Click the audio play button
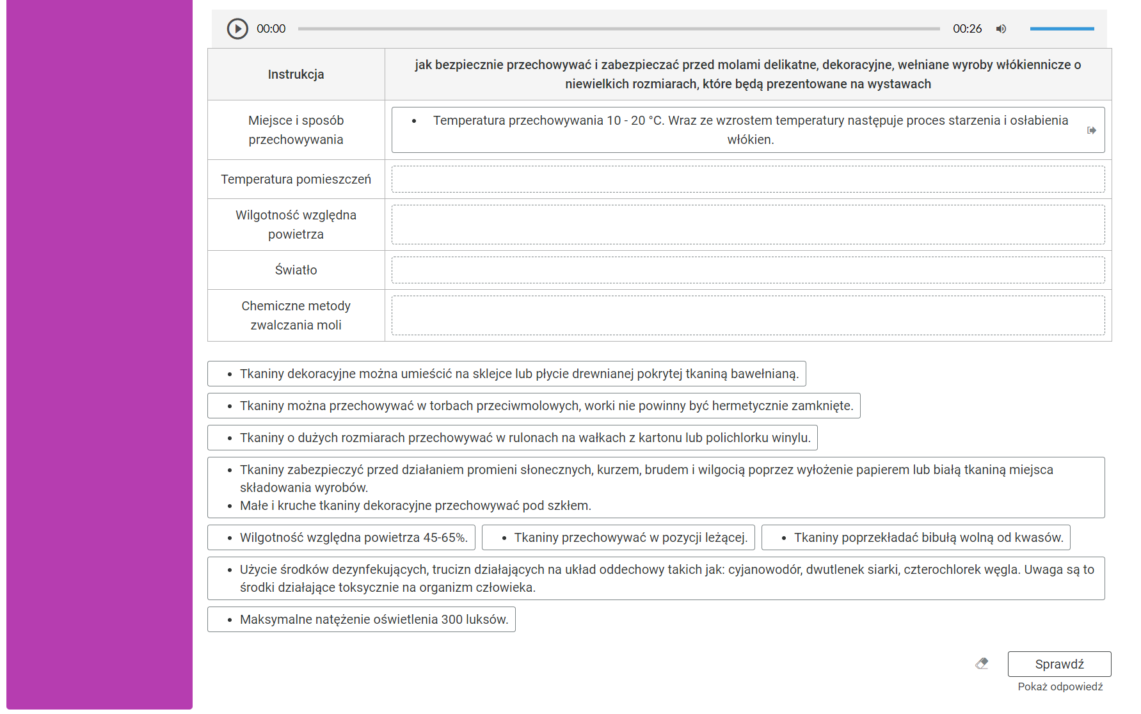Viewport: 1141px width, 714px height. click(237, 29)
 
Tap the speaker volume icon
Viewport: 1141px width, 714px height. click(1001, 29)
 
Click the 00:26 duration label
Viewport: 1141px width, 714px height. click(967, 29)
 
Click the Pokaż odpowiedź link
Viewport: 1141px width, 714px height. click(1060, 686)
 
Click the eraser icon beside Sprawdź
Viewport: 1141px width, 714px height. click(982, 663)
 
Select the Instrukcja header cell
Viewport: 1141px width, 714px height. click(296, 74)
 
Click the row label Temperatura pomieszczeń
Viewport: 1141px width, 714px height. click(296, 179)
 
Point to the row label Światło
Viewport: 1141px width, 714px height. click(296, 270)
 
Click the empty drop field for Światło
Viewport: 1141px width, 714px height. click(747, 270)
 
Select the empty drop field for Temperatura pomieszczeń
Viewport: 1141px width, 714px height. click(747, 179)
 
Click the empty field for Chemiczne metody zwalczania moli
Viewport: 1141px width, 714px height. click(747, 315)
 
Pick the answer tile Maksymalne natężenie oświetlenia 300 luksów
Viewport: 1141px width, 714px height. click(362, 619)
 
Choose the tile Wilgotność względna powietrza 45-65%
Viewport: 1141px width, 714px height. click(342, 537)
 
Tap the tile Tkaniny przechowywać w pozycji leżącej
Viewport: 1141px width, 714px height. click(618, 537)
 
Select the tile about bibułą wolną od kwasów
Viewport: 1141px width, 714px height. click(916, 537)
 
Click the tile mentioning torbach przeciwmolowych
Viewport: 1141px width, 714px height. click(534, 406)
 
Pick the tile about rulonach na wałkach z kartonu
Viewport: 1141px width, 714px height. click(513, 438)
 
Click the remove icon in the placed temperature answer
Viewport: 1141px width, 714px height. click(1092, 131)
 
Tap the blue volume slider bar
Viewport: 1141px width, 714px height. click(1062, 29)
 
